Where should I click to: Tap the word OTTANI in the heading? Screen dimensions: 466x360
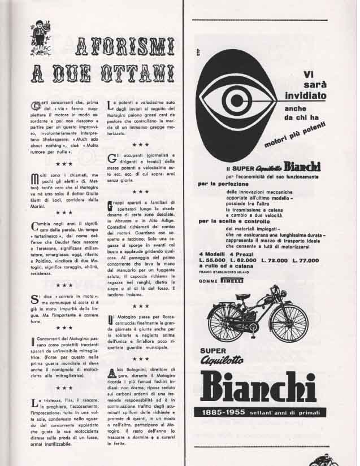138,73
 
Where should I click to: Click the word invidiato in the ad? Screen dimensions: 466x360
306,95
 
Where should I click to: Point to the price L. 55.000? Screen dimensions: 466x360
212,260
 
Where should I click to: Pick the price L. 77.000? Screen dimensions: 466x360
305,260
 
